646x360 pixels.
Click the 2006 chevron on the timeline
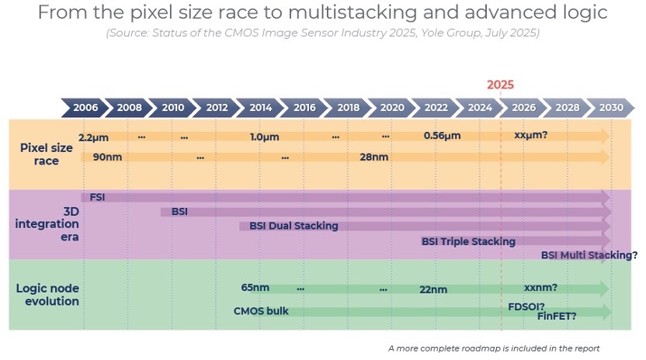point(85,108)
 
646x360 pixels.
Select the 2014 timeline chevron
point(260,108)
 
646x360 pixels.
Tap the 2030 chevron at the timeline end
point(611,108)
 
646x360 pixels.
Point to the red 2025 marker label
point(500,85)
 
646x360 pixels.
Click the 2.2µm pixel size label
point(93,137)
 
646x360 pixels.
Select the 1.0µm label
point(265,137)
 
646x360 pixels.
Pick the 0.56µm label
point(442,136)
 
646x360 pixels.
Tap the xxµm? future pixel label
point(530,135)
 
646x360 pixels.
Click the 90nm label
point(107,157)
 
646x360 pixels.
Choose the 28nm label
point(374,157)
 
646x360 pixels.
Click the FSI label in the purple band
point(97,197)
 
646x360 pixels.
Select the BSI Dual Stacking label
point(293,226)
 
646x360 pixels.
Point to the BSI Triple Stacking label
point(468,241)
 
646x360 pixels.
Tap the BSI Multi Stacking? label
point(589,255)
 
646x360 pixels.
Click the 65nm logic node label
point(255,288)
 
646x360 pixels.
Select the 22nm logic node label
point(433,289)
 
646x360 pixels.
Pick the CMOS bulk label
point(261,311)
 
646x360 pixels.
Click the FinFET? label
point(557,316)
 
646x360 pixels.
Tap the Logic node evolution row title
point(48,295)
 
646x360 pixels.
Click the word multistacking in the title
point(353,12)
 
